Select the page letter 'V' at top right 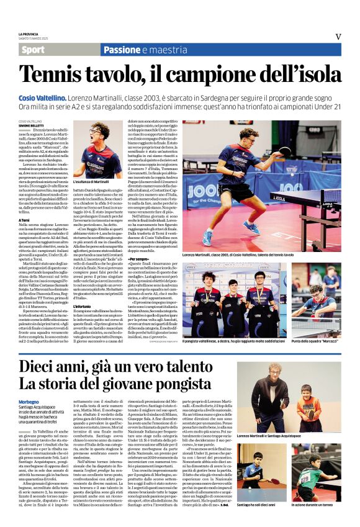[x=338, y=37]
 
